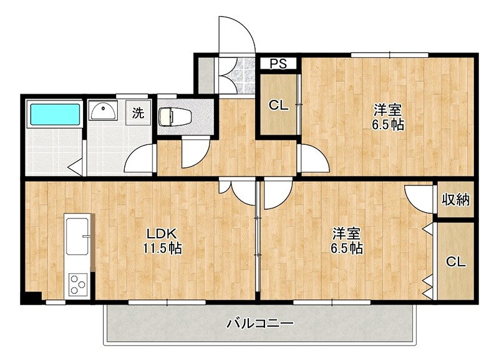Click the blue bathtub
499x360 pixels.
[55, 115]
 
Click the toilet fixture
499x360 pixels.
[169, 117]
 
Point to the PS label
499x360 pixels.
[278, 63]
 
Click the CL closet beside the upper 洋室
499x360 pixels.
[278, 105]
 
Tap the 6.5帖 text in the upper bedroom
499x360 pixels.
[389, 125]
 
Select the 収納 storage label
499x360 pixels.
[455, 200]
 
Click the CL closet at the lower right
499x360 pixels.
[455, 262]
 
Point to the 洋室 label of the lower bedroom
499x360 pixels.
[347, 234]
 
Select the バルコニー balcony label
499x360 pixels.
[259, 324]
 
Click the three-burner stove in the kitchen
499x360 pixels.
[77, 285]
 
